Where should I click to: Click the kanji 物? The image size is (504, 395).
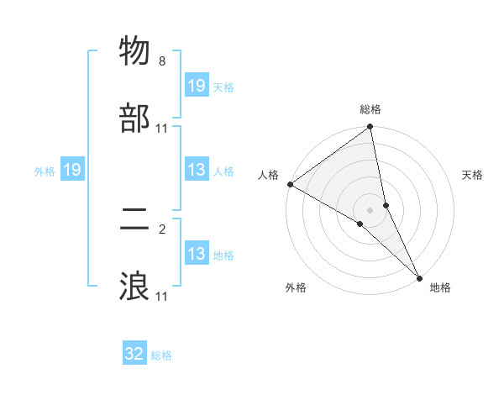(x=134, y=52)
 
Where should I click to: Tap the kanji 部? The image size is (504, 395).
(x=134, y=119)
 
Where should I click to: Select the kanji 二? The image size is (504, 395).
(x=134, y=220)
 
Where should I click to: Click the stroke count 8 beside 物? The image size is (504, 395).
(x=162, y=61)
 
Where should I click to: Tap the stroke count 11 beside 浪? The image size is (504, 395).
(x=162, y=297)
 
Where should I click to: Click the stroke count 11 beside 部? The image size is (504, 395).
(x=162, y=129)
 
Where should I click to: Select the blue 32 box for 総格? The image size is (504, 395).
(x=134, y=354)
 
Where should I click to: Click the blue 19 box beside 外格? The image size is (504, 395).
(x=71, y=171)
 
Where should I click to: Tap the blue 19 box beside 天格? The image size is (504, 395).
(x=197, y=86)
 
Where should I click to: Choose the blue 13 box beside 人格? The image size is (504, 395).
(x=197, y=171)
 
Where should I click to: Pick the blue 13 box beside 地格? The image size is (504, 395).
(x=197, y=254)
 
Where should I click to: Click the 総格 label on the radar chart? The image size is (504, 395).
(x=370, y=109)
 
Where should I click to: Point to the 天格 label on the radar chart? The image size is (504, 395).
(x=473, y=175)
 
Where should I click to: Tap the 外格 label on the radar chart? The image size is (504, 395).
(x=296, y=288)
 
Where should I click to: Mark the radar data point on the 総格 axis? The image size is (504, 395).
(x=370, y=128)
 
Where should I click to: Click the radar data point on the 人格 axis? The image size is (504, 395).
(x=290, y=184)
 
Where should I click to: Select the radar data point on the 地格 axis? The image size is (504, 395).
(x=420, y=276)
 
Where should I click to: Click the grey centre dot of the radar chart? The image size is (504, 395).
(x=370, y=209)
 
